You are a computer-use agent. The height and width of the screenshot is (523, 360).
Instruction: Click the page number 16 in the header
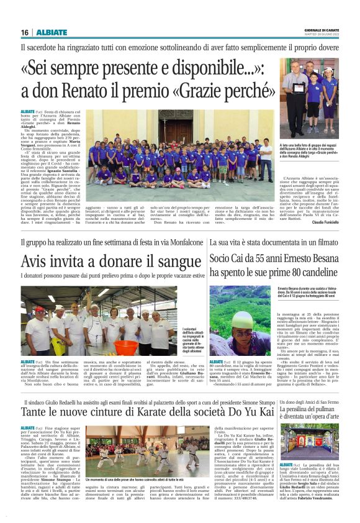(x=25, y=32)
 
